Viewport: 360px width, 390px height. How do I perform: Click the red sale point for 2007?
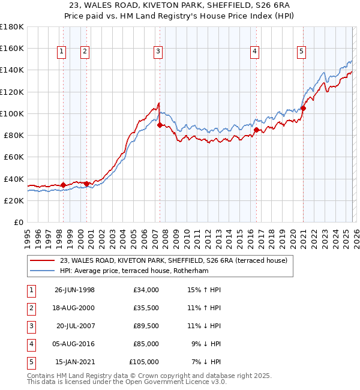point(160,125)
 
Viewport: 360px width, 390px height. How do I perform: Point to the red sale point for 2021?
point(304,109)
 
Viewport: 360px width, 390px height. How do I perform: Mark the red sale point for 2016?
point(256,130)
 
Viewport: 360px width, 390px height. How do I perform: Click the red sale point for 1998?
point(64,185)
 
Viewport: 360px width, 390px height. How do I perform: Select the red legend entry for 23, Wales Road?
point(174,260)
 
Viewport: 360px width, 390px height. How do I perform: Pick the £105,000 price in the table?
point(144,361)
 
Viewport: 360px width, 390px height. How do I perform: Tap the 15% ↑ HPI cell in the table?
point(205,289)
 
